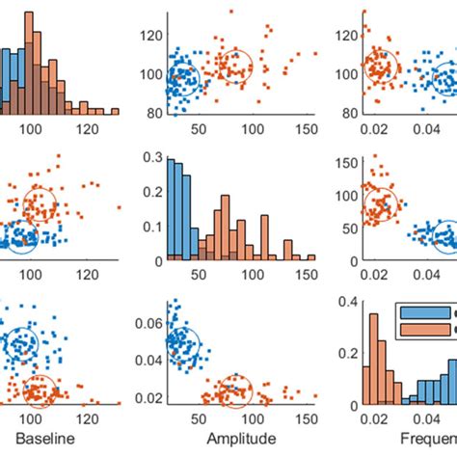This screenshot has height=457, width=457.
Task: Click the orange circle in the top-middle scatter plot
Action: click(233, 66)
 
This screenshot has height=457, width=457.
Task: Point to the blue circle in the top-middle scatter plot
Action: click(182, 80)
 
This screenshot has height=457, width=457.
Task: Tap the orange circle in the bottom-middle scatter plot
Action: click(234, 390)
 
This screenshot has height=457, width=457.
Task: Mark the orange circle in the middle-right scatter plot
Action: click(382, 203)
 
